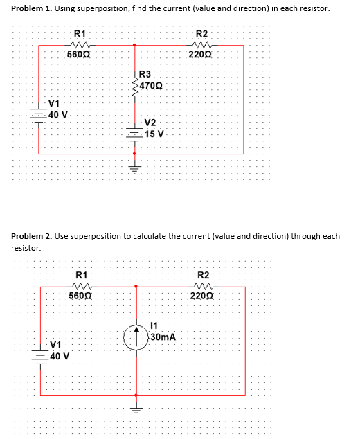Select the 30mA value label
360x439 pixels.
(x=163, y=337)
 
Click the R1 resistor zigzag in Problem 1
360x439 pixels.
(x=80, y=45)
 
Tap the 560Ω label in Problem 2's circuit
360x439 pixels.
(x=80, y=296)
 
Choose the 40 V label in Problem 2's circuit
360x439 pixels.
(x=64, y=357)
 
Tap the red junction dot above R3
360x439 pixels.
(x=134, y=45)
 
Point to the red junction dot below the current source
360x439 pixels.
(x=136, y=395)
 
